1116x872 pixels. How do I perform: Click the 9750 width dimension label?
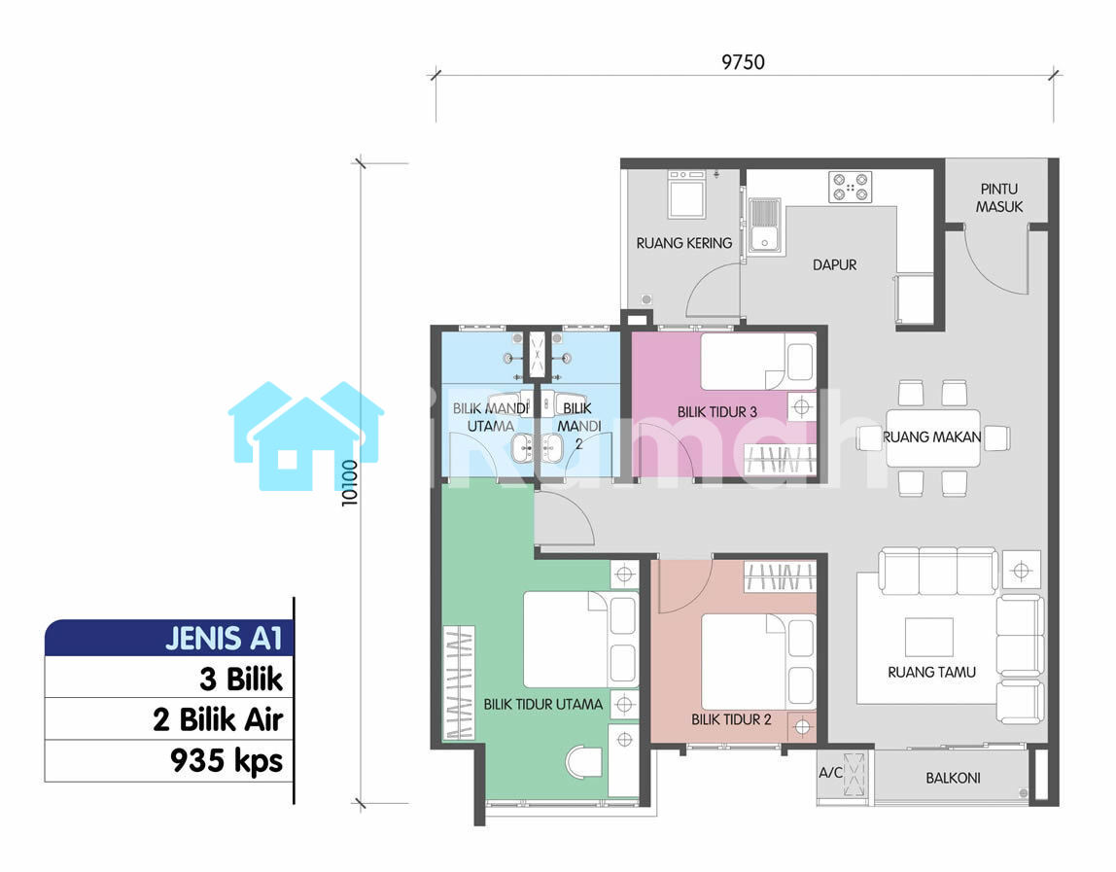pos(743,62)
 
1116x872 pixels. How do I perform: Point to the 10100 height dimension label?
pos(349,482)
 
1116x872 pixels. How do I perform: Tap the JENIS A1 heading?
pos(225,639)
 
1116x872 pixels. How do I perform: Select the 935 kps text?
pos(227,761)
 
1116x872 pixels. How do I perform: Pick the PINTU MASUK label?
pos(999,198)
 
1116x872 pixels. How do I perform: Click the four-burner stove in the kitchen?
pos(850,187)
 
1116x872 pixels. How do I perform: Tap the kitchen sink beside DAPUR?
pos(764,227)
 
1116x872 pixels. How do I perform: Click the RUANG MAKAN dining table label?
pos(931,437)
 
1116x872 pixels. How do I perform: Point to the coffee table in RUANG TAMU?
pos(928,637)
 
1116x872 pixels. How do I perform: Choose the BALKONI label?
pos(953,778)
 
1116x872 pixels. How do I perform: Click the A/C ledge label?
pos(830,772)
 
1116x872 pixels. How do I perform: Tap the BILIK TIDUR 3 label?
pos(716,412)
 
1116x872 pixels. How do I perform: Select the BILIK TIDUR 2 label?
pos(731,719)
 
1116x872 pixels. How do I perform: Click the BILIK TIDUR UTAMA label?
pos(543,705)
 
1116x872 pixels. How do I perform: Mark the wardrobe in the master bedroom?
pos(459,682)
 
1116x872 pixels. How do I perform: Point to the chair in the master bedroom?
pos(583,762)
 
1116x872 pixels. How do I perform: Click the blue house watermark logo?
pos(306,436)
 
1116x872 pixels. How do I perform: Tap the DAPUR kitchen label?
pos(834,264)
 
